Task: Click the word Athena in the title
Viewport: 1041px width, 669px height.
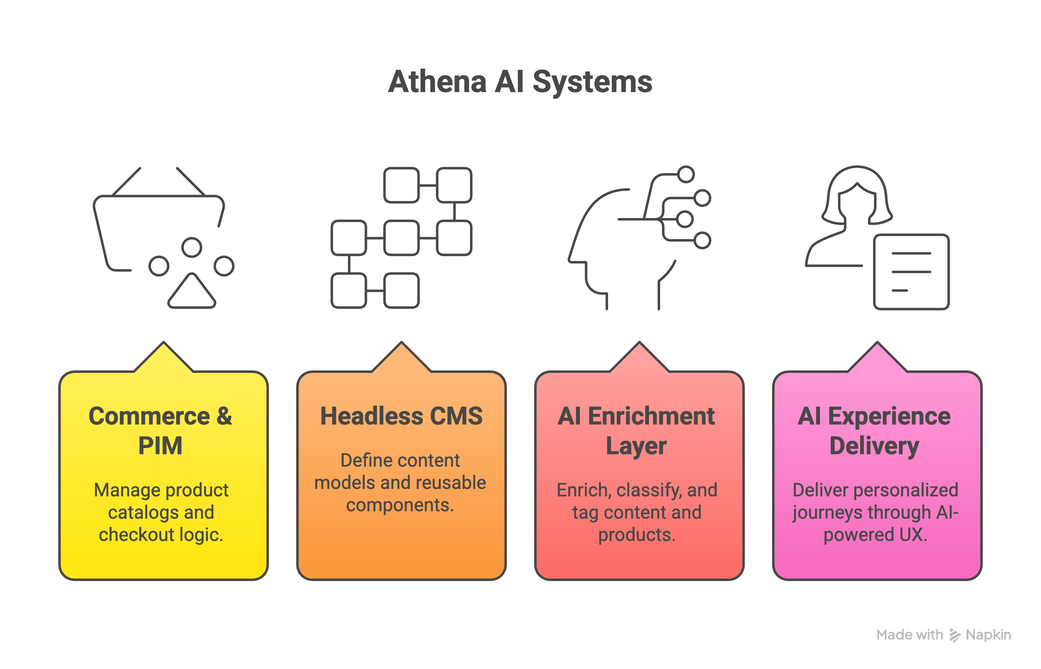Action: [x=437, y=82]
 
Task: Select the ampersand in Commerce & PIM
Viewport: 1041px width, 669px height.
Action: [x=224, y=416]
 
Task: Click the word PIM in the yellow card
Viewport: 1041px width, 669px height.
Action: [x=160, y=446]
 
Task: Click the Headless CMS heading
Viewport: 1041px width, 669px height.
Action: [x=401, y=416]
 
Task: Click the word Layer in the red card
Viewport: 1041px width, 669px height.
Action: [x=636, y=446]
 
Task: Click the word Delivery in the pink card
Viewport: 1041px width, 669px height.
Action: [x=874, y=446]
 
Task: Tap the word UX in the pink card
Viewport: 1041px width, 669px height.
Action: [x=913, y=535]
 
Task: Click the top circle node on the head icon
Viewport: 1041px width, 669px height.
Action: [x=686, y=174]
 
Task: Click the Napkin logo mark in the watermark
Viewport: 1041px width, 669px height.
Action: [x=955, y=635]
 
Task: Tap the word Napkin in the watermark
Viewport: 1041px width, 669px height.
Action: [x=989, y=635]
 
